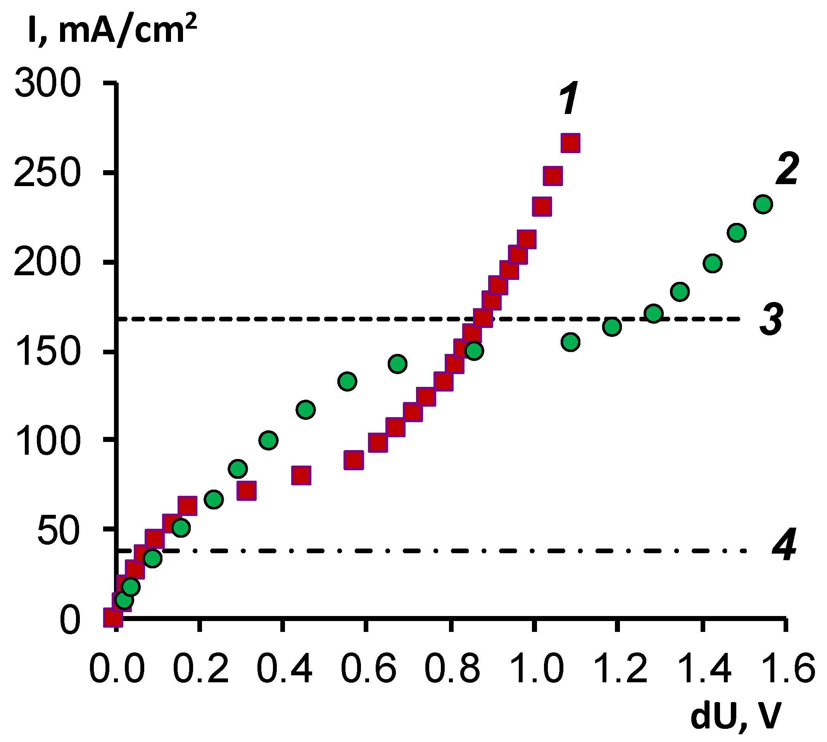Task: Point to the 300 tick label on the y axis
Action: [x=47, y=84]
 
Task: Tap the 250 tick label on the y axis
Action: [x=46, y=173]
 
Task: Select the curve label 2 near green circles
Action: [x=787, y=169]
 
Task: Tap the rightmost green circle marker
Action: [x=763, y=204]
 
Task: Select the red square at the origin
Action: [x=113, y=618]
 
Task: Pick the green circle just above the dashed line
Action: [x=654, y=313]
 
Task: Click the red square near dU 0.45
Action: [x=301, y=475]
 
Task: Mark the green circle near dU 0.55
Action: [x=347, y=381]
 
